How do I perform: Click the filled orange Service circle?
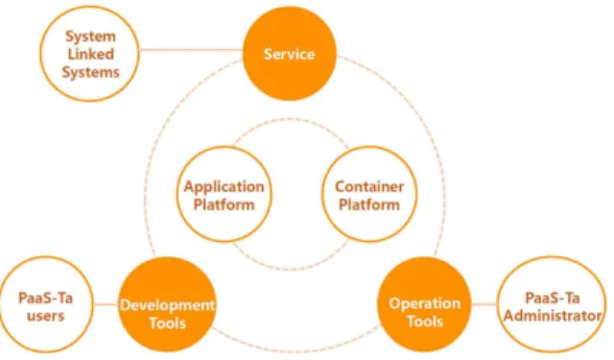tap(290, 54)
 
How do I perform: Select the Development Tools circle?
tap(167, 304)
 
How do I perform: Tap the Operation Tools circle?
tap(424, 304)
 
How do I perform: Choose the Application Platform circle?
tap(224, 194)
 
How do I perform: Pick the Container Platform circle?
tap(369, 194)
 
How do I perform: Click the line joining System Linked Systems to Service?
tap(191, 50)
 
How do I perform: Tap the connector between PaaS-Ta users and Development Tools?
tap(106, 304)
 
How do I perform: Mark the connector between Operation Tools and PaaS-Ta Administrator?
tap(484, 304)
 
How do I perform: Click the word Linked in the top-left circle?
tap(90, 54)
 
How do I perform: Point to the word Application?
tap(224, 187)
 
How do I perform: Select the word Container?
tap(369, 186)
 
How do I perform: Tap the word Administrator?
tap(553, 315)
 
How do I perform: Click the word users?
tap(45, 316)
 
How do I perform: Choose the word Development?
tap(167, 305)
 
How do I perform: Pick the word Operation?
tap(424, 304)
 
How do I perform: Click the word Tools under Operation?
tap(425, 322)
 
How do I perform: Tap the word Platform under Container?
tap(368, 204)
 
